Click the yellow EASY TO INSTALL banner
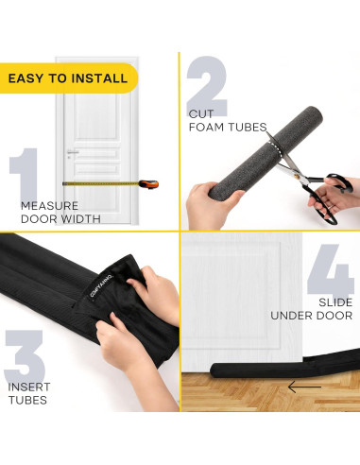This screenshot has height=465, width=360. (68, 77)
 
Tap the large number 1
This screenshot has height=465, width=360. (25, 177)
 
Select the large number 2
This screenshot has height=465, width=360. (207, 87)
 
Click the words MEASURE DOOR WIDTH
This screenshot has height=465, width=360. (60, 212)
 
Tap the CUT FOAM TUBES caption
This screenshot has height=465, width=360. (227, 120)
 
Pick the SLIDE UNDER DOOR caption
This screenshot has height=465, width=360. (312, 308)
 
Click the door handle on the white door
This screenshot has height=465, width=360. (73, 153)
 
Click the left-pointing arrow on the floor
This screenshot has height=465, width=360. (304, 387)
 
